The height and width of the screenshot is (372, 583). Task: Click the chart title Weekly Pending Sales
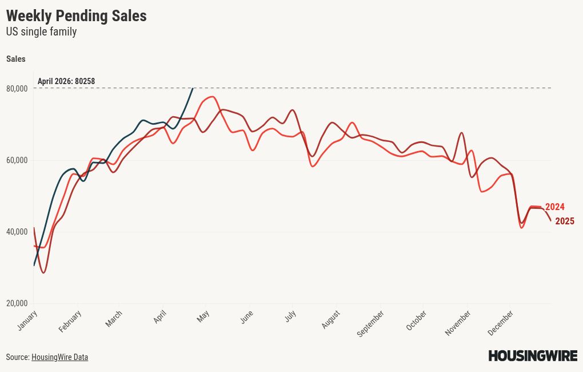point(76,16)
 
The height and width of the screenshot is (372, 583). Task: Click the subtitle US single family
point(41,32)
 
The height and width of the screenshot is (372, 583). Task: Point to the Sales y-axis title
point(16,59)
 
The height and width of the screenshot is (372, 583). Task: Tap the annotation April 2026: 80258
point(66,81)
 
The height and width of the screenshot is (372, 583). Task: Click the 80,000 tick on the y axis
point(17,89)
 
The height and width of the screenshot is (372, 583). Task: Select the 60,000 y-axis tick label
point(17,160)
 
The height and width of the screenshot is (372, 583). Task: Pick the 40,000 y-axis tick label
point(17,232)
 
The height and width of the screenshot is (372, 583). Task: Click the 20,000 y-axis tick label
point(17,303)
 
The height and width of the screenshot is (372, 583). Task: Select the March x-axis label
point(114,319)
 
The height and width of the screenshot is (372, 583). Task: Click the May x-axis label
point(203,316)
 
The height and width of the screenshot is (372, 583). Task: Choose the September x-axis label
point(370,323)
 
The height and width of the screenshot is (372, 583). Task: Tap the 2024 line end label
point(554,207)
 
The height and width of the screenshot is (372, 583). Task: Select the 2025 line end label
point(564,221)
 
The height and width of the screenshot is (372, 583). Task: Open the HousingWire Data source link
point(59,357)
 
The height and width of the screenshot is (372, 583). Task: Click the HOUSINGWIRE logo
point(532,356)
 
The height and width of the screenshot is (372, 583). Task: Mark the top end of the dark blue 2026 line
point(193,88)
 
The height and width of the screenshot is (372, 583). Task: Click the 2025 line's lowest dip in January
point(43,272)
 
